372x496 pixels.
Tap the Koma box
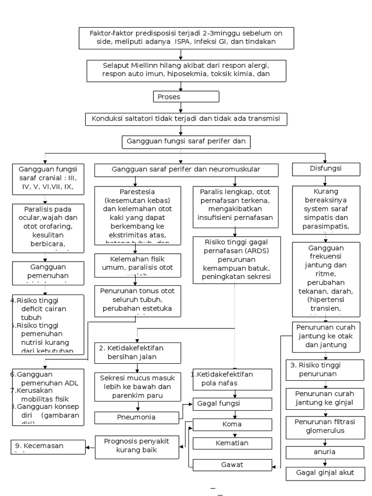[232, 425]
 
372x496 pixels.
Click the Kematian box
[232, 443]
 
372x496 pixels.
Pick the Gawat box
[232, 465]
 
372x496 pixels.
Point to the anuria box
[325, 452]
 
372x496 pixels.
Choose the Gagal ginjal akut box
[325, 473]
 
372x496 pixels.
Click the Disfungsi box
[325, 169]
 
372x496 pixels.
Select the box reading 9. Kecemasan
[48, 446]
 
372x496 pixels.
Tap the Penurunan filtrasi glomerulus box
[325, 426]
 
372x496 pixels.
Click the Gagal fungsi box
[232, 403]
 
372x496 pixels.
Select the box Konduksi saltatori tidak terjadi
[184, 119]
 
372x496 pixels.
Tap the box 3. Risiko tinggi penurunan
[325, 370]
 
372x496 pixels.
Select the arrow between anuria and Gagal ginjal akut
[325, 463]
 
